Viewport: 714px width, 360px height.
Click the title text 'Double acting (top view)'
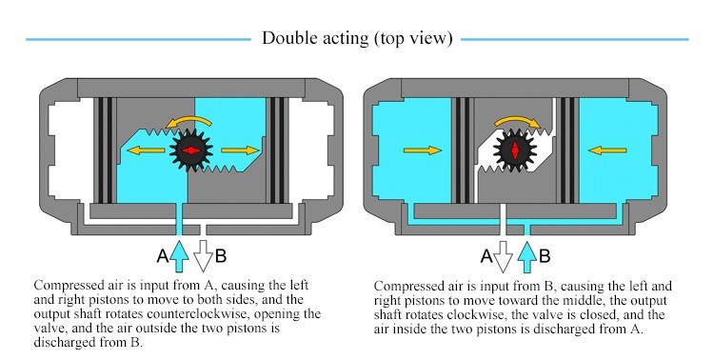tap(357, 38)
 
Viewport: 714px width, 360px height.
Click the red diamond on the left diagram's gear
tap(191, 150)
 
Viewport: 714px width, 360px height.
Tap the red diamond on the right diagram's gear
tap(515, 150)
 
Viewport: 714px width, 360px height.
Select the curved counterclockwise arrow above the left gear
tap(188, 121)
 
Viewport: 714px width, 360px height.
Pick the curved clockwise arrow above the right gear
tap(518, 121)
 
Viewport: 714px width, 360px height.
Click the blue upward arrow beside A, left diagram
tap(180, 256)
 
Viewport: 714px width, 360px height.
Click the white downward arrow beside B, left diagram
tap(203, 256)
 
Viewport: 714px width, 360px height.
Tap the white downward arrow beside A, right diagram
tap(504, 256)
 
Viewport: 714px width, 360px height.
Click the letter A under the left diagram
tap(163, 256)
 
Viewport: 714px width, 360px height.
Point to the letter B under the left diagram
tap(221, 256)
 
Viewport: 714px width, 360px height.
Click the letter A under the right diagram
tap(486, 256)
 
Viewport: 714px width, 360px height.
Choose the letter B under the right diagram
tap(545, 256)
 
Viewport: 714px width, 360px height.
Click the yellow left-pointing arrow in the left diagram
tap(146, 150)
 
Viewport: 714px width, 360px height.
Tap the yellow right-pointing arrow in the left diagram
tap(240, 150)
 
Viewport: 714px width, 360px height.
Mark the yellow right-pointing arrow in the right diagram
tap(423, 150)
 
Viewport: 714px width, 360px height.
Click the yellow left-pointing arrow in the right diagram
tap(607, 150)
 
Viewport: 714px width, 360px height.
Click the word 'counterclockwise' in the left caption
tap(199, 314)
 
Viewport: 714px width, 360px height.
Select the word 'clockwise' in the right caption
tap(476, 315)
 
